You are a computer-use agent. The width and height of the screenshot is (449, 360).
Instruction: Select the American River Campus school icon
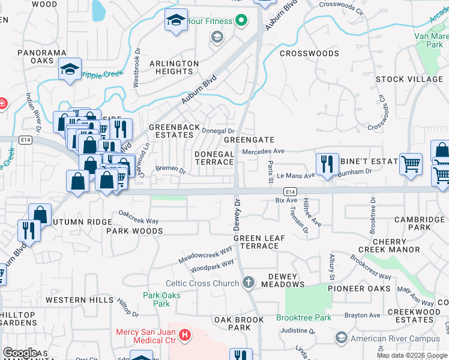click(342, 338)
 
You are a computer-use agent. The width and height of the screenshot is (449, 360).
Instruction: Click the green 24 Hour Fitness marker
click(241, 22)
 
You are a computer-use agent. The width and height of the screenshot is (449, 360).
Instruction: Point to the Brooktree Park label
click(304, 317)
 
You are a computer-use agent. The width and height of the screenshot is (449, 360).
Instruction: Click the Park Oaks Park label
click(157, 299)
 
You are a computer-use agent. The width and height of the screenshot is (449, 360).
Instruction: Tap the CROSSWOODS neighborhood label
click(309, 53)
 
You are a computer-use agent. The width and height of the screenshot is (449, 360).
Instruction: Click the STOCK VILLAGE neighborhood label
click(409, 79)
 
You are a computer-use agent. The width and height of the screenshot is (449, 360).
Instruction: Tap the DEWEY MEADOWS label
click(278, 280)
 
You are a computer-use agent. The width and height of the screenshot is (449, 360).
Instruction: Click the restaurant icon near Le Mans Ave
click(327, 164)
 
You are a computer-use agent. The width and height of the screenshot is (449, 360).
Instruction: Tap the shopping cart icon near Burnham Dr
click(411, 162)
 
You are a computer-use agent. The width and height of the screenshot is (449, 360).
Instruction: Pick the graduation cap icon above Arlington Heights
click(176, 20)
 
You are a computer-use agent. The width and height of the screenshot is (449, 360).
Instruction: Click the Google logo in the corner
click(20, 353)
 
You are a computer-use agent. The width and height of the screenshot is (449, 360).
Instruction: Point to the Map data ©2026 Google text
click(412, 355)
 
